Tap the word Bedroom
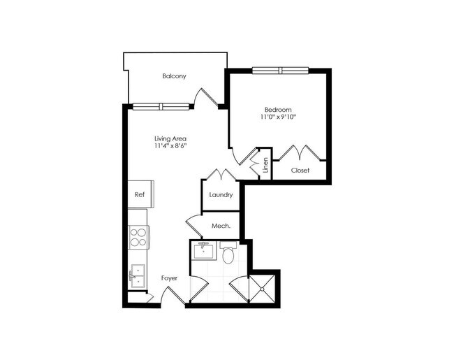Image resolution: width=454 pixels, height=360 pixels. click(x=278, y=109)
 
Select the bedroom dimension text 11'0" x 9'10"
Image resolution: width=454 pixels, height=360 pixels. click(x=278, y=117)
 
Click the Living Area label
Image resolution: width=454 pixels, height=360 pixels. click(x=170, y=138)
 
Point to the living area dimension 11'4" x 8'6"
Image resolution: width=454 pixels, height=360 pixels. click(x=170, y=147)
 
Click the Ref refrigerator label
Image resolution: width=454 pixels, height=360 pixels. click(x=139, y=195)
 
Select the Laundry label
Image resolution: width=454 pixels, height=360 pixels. click(x=221, y=195)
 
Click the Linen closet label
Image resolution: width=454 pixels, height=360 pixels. click(x=265, y=166)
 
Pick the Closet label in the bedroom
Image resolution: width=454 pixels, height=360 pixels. click(x=300, y=170)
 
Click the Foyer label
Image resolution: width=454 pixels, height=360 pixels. click(x=169, y=278)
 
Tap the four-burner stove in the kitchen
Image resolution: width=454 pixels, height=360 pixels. click(x=138, y=238)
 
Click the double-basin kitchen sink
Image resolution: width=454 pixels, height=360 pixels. click(x=137, y=276)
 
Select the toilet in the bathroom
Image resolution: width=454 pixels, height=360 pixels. click(x=228, y=254)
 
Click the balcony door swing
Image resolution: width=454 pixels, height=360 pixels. click(x=204, y=98)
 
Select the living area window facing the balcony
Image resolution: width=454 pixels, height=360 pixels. click(x=161, y=107)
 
